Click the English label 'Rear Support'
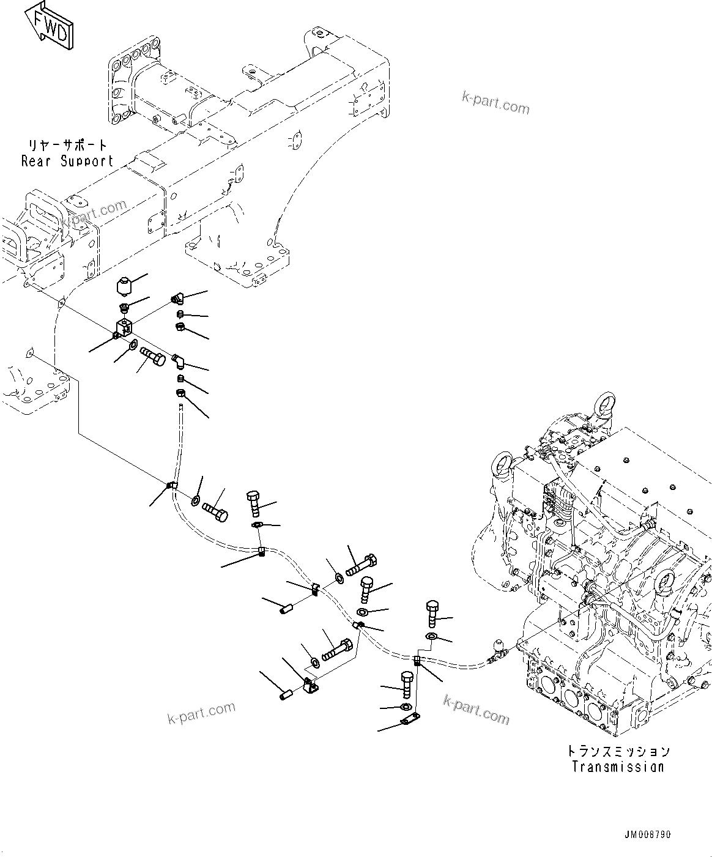(67, 161)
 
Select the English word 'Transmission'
(618, 766)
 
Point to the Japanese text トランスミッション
(618, 751)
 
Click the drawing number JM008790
(647, 835)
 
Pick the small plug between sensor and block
(125, 307)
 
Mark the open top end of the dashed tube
(181, 406)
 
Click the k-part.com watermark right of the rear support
(495, 103)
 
